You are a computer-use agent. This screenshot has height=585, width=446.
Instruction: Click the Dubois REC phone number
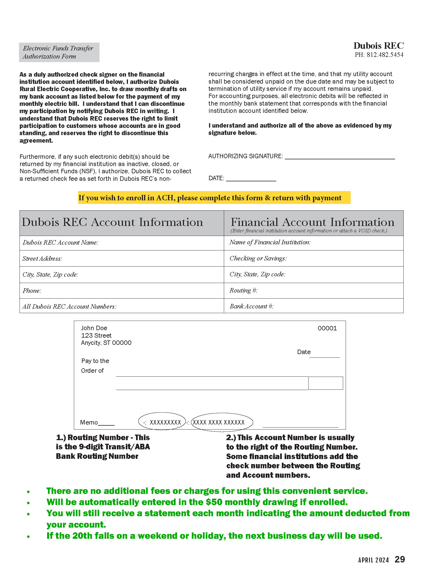coord(379,55)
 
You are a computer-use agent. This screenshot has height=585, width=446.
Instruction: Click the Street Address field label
coord(42,259)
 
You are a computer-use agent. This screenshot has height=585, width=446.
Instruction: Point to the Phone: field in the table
coord(32,291)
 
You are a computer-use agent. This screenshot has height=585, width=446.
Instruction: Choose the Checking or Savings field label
coord(258,259)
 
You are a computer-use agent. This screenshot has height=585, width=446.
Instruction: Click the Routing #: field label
coord(243,291)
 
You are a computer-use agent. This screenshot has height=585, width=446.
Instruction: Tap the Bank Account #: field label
coord(251,306)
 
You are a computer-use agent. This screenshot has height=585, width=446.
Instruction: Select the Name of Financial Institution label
coord(270,242)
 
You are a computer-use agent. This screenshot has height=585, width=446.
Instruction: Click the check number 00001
coord(327,328)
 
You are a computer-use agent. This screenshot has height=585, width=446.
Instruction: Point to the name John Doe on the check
coord(94,328)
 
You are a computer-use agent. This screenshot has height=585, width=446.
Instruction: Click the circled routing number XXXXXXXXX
coord(165,423)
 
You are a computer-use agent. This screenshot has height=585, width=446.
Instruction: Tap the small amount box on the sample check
coord(325,383)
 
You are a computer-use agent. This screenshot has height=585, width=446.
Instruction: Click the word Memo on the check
coord(89,423)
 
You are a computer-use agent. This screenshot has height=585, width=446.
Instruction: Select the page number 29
coord(400,560)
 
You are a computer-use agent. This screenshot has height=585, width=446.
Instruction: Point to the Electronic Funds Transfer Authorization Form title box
coord(59,52)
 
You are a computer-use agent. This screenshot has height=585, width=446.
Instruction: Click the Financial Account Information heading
coord(312,222)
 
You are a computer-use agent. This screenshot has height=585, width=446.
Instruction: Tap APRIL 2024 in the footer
coord(373,560)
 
